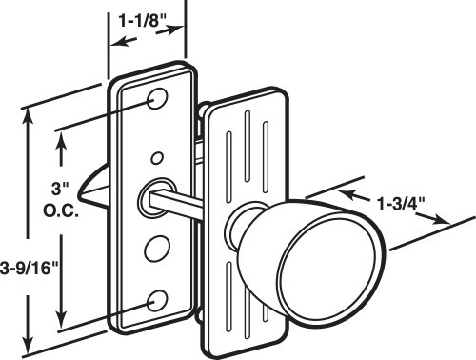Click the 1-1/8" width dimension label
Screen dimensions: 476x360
tap(143, 21)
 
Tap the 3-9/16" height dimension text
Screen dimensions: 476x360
tap(29, 269)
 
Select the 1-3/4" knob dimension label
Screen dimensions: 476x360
tap(401, 204)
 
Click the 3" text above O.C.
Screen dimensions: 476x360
tap(60, 189)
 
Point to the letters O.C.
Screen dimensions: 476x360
tap(61, 211)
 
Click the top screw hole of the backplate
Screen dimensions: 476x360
tap(157, 99)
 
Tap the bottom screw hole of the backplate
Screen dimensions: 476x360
tap(157, 301)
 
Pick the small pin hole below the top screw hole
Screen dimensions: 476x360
tap(157, 158)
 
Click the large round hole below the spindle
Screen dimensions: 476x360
tap(157, 249)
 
